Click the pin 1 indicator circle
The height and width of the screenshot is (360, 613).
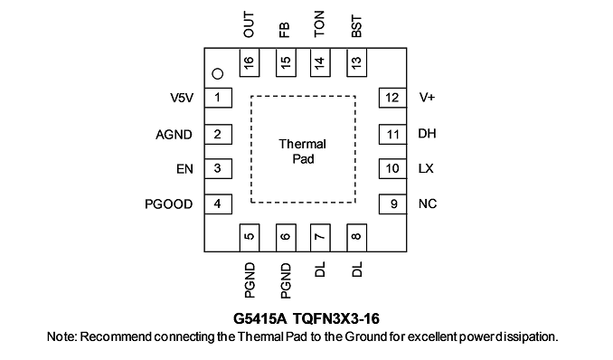(217, 73)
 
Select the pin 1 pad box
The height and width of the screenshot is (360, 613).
(218, 98)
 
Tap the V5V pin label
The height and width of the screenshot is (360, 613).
(182, 98)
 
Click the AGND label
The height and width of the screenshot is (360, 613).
(174, 135)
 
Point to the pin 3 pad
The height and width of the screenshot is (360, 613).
(218, 168)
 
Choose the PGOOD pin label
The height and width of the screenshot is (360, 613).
(169, 204)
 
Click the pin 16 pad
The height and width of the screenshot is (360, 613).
(249, 62)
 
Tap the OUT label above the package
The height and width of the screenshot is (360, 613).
(249, 24)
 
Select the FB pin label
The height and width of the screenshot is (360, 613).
(285, 30)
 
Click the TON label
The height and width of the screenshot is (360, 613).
(320, 24)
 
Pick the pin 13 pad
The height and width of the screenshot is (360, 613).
(356, 62)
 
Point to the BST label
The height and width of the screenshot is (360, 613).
(356, 26)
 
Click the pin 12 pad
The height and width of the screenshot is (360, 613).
(392, 98)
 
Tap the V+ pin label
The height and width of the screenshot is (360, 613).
(427, 97)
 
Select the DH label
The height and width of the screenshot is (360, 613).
(427, 134)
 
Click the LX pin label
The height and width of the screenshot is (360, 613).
(426, 168)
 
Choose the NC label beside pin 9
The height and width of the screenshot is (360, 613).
(428, 204)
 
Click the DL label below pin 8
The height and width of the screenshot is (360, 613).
(356, 270)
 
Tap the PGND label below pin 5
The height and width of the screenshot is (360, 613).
(250, 280)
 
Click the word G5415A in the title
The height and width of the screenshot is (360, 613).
(260, 319)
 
